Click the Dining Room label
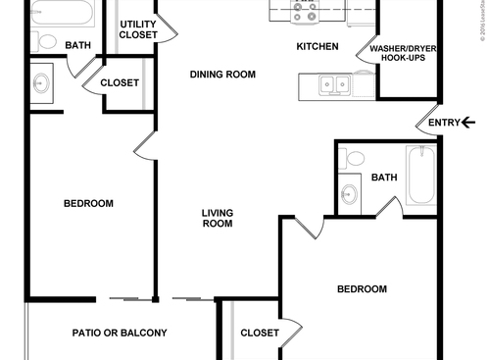[x=222, y=75]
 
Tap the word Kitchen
[x=318, y=47]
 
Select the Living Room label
[x=217, y=218]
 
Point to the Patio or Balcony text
[x=120, y=333]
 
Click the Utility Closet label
[x=138, y=29]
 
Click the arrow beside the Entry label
[x=468, y=123]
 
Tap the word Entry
[x=443, y=123]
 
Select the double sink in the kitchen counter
[x=333, y=85]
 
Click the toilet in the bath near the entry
[x=355, y=156]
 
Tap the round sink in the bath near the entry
[x=351, y=193]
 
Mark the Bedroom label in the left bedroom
[x=88, y=204]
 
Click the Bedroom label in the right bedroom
[x=362, y=289]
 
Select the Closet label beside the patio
[x=260, y=334]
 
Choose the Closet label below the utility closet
[x=120, y=83]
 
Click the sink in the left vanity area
[x=42, y=83]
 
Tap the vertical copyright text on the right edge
[x=483, y=29]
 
